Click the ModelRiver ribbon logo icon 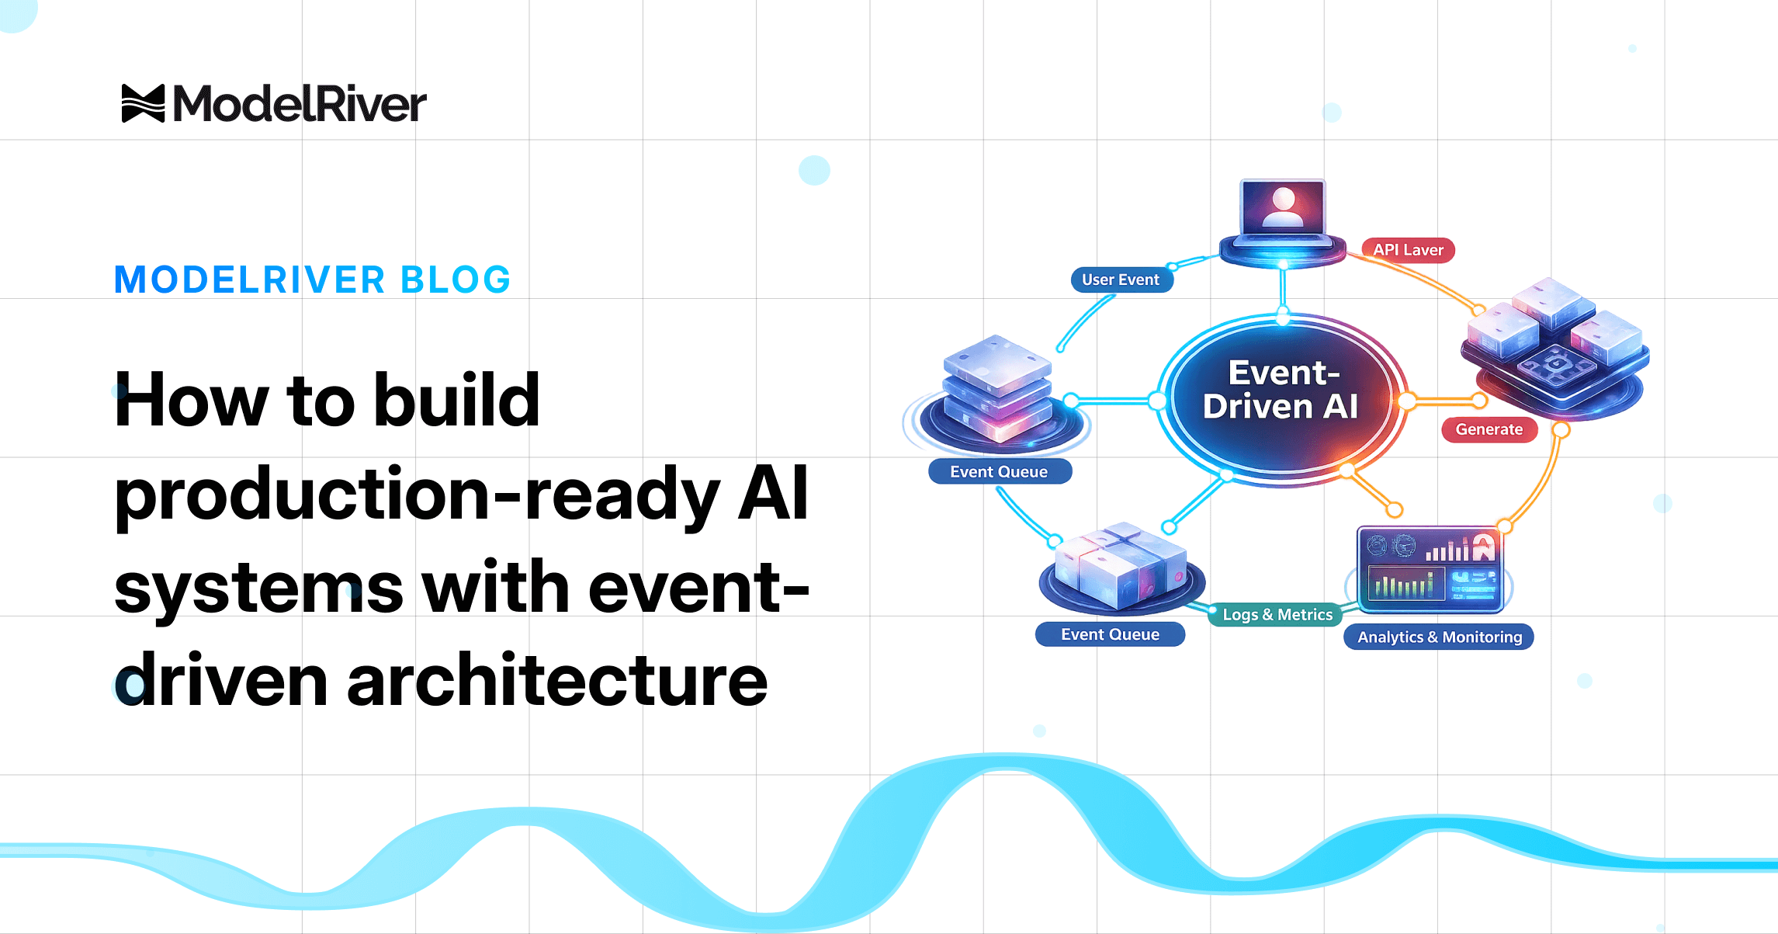tap(143, 103)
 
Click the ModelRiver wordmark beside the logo tap(300, 104)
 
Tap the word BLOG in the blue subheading tap(455, 280)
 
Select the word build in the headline tap(456, 400)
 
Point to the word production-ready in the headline tap(417, 495)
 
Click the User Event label tap(1121, 280)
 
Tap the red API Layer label tap(1408, 250)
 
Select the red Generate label tap(1489, 429)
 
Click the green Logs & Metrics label tap(1277, 615)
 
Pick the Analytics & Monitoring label tap(1439, 637)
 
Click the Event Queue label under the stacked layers tap(1000, 471)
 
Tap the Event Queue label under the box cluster tap(1110, 634)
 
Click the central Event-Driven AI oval tap(1281, 399)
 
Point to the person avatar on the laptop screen tap(1284, 207)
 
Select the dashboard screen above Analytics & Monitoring tap(1430, 569)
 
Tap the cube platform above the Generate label tap(1555, 349)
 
